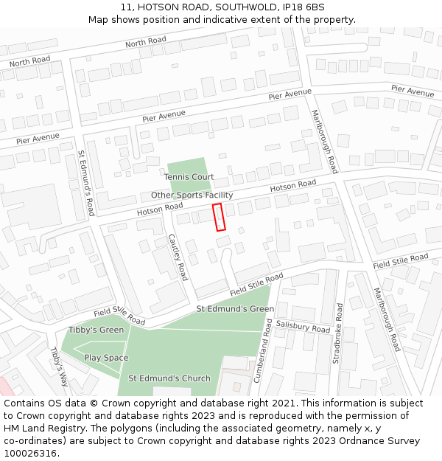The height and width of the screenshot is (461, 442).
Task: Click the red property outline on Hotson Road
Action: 218,217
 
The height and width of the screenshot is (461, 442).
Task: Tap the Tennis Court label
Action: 189,177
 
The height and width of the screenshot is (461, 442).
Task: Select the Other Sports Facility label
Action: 192,195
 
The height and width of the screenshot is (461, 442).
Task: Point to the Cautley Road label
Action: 178,257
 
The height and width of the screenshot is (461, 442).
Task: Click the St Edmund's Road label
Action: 86,183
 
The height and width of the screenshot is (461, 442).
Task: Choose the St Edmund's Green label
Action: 235,309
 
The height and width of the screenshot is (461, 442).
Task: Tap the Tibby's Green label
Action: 96,330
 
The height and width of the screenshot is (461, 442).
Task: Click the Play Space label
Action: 106,358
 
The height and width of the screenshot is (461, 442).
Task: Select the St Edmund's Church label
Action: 169,378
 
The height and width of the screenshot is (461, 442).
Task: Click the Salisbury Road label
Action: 303,327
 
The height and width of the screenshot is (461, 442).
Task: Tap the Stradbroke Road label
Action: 337,332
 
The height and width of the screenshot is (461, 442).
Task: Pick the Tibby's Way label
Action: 59,367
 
